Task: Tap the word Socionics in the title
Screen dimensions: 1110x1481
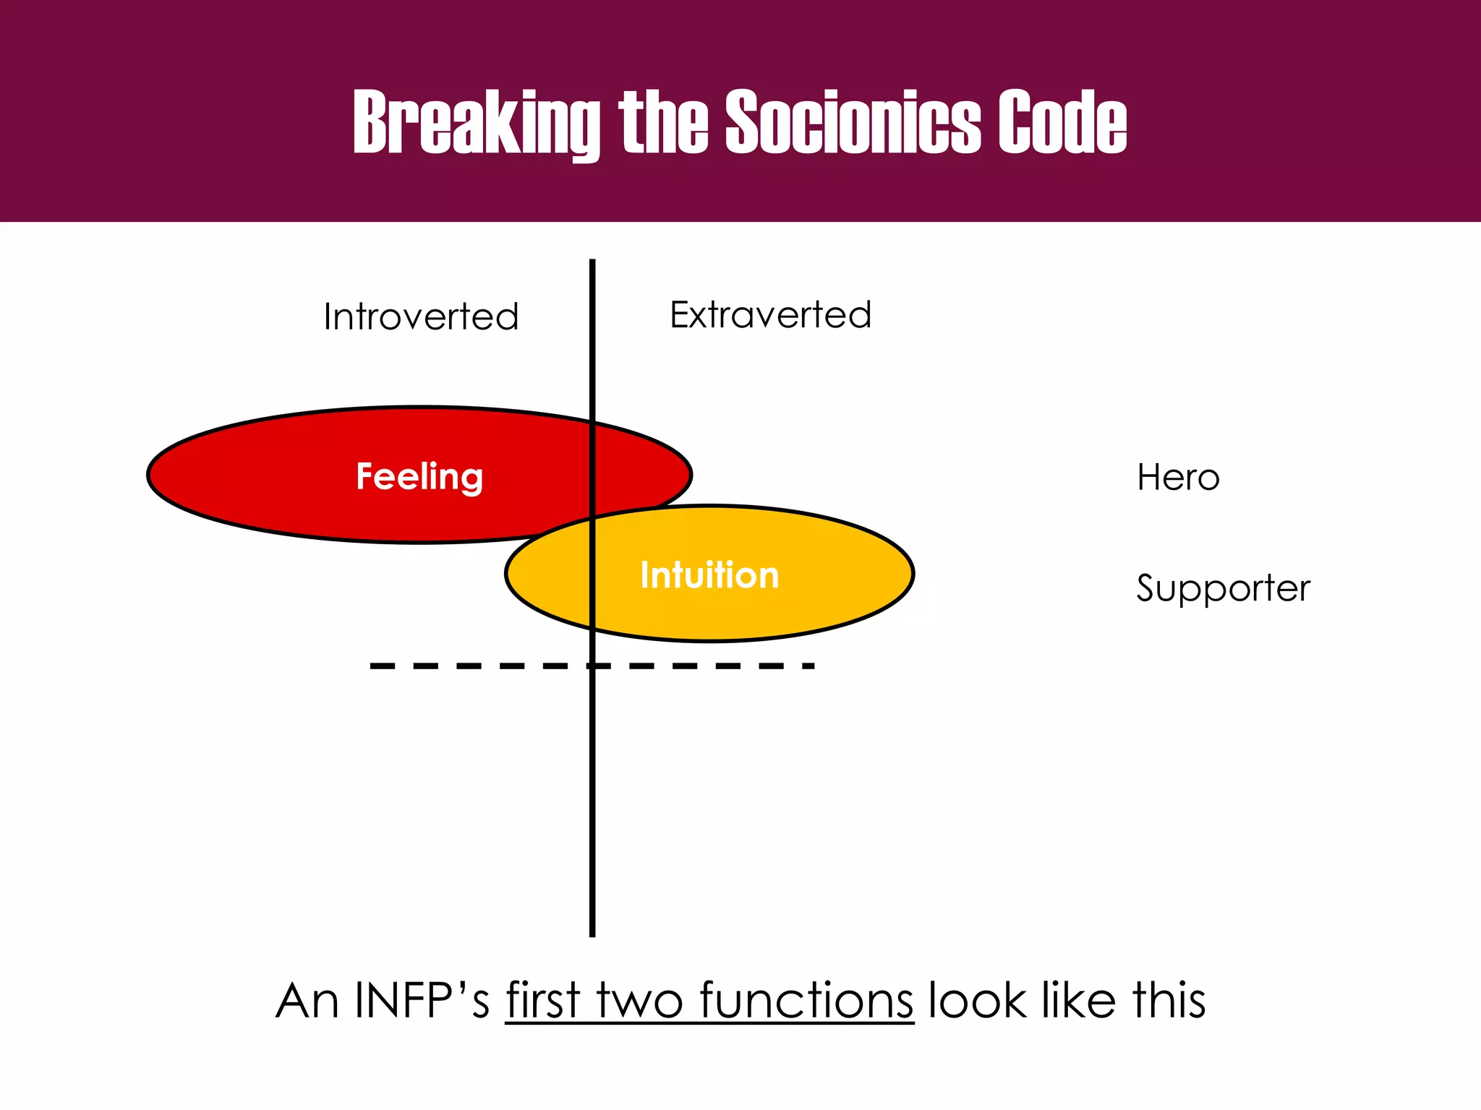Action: click(853, 123)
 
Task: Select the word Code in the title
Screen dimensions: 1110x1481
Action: click(1062, 123)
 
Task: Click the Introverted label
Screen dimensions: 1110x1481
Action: click(421, 317)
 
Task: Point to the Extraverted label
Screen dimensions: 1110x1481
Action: click(770, 314)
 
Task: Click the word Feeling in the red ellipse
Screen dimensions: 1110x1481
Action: click(419, 476)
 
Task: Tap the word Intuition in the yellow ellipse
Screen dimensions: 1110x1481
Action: click(709, 575)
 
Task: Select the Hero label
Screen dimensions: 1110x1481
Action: click(1178, 478)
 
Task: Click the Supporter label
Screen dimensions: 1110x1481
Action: click(1223, 588)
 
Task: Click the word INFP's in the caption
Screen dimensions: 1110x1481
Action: click(422, 1001)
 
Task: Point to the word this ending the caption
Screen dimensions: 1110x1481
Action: click(1169, 1001)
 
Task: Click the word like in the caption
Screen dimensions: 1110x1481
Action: click(1080, 1001)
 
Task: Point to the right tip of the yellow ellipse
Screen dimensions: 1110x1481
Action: click(912, 574)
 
